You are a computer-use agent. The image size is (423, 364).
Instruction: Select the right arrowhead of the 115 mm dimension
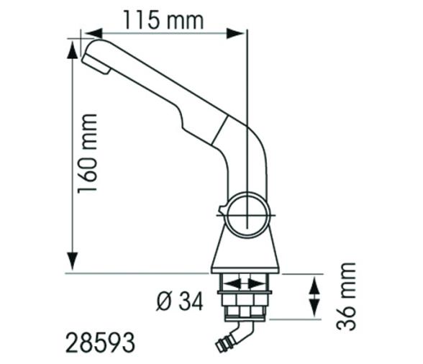(x=241, y=32)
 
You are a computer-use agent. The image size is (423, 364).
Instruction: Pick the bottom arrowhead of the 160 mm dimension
(x=72, y=265)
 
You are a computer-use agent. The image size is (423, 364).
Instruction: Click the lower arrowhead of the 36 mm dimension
(x=314, y=313)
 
